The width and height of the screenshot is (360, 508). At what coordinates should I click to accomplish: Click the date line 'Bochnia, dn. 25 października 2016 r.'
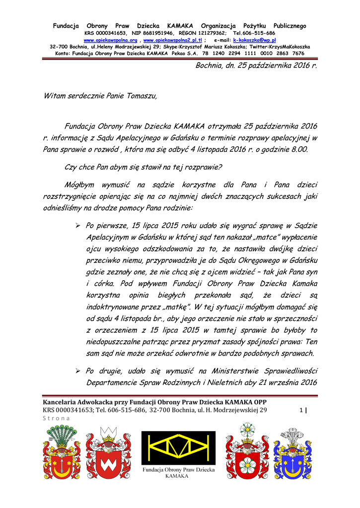tap(256, 65)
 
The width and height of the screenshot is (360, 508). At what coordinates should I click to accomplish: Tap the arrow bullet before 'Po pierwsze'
tap(77, 226)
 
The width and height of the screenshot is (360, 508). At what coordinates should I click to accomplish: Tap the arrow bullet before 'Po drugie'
tap(77, 371)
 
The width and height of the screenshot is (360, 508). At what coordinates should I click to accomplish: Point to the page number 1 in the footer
tap(301, 410)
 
